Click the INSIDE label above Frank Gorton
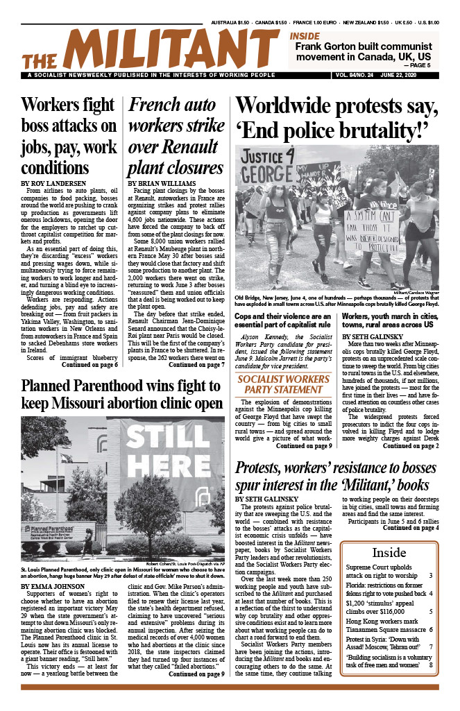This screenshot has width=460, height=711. coord(305,35)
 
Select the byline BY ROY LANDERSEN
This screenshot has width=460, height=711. coord(53,182)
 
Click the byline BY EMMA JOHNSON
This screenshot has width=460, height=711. coord(52,586)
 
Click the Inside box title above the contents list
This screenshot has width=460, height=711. coord(389,553)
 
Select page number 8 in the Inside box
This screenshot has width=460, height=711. coord(430,665)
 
